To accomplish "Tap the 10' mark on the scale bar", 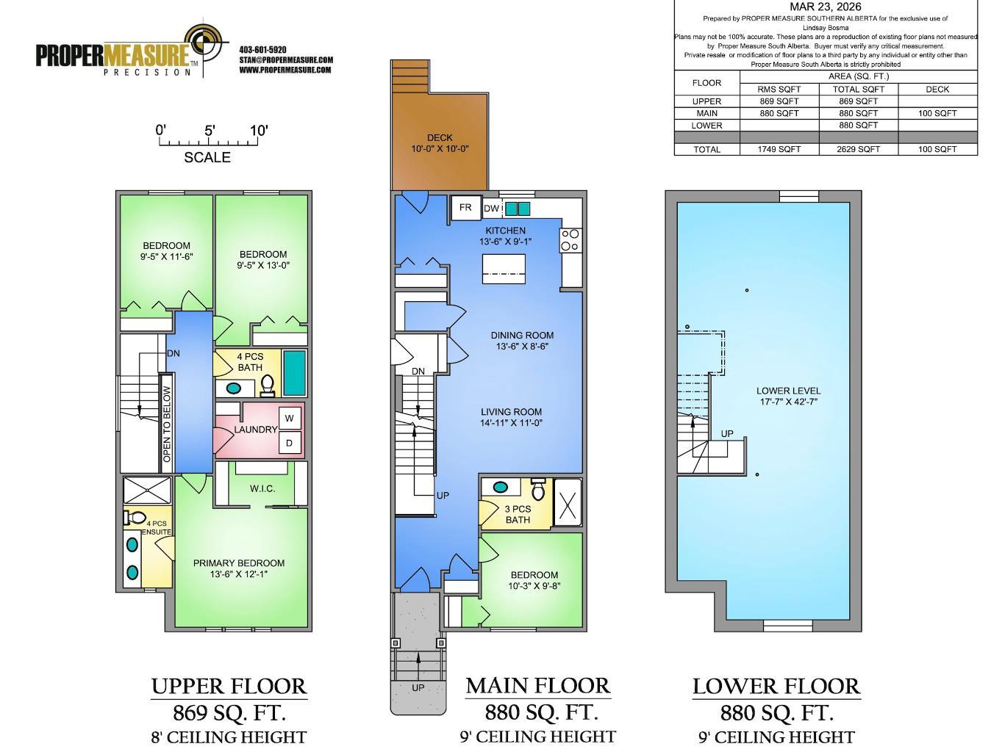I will point(259,131).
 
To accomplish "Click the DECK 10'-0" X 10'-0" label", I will point(440,143).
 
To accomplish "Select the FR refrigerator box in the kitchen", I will point(465,208).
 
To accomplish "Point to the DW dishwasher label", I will point(491,209).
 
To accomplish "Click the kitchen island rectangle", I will point(504,269).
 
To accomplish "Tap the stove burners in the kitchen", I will point(570,239).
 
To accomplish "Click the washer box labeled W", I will point(290,419).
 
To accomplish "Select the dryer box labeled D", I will point(290,443).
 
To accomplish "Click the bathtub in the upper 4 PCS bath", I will point(294,372).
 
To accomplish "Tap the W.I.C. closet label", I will point(262,488).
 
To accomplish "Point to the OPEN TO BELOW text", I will point(167,424).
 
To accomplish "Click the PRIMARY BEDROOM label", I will point(239,568).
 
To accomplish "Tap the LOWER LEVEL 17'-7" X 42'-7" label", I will point(788,396).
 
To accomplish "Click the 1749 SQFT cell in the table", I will point(779,149).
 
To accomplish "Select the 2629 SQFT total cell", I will point(858,149).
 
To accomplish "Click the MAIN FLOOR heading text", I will point(537,686).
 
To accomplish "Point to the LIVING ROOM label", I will point(511,417).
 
